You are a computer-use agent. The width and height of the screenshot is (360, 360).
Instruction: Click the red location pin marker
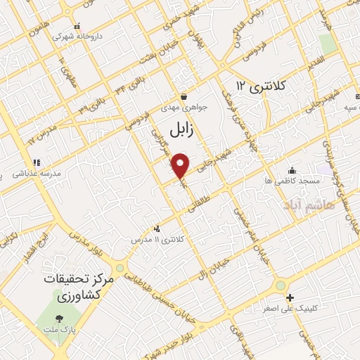(181, 165)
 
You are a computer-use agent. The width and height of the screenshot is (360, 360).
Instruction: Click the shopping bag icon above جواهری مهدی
(184, 96)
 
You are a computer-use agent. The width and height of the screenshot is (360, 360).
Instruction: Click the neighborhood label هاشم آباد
(304, 205)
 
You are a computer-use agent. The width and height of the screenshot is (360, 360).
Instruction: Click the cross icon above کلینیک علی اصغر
(290, 297)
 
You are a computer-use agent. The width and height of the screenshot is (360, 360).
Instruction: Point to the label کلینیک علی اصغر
(290, 309)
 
